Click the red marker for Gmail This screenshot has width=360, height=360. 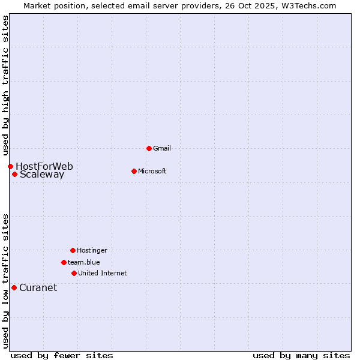coord(149,148)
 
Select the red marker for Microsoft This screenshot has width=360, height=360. coord(134,171)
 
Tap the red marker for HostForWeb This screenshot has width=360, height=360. coord(10,166)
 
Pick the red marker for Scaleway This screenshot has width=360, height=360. coord(14,175)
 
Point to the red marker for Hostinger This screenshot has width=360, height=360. coord(73,250)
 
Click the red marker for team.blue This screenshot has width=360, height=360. coord(64,262)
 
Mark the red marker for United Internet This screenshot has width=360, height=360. coord(74,273)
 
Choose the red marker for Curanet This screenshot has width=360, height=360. coord(14,287)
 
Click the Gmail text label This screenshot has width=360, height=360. coord(162,148)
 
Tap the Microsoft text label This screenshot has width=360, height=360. coord(152,171)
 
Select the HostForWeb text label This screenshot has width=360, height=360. coord(44,166)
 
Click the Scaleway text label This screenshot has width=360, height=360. coord(42,175)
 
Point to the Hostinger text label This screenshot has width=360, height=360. coord(92,250)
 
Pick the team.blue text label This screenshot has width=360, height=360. coord(84,262)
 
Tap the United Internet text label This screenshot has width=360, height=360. coord(103,273)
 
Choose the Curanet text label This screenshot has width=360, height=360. coord(38,287)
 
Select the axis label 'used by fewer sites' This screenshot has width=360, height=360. coord(62,355)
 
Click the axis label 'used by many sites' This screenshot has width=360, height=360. coord(301,355)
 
